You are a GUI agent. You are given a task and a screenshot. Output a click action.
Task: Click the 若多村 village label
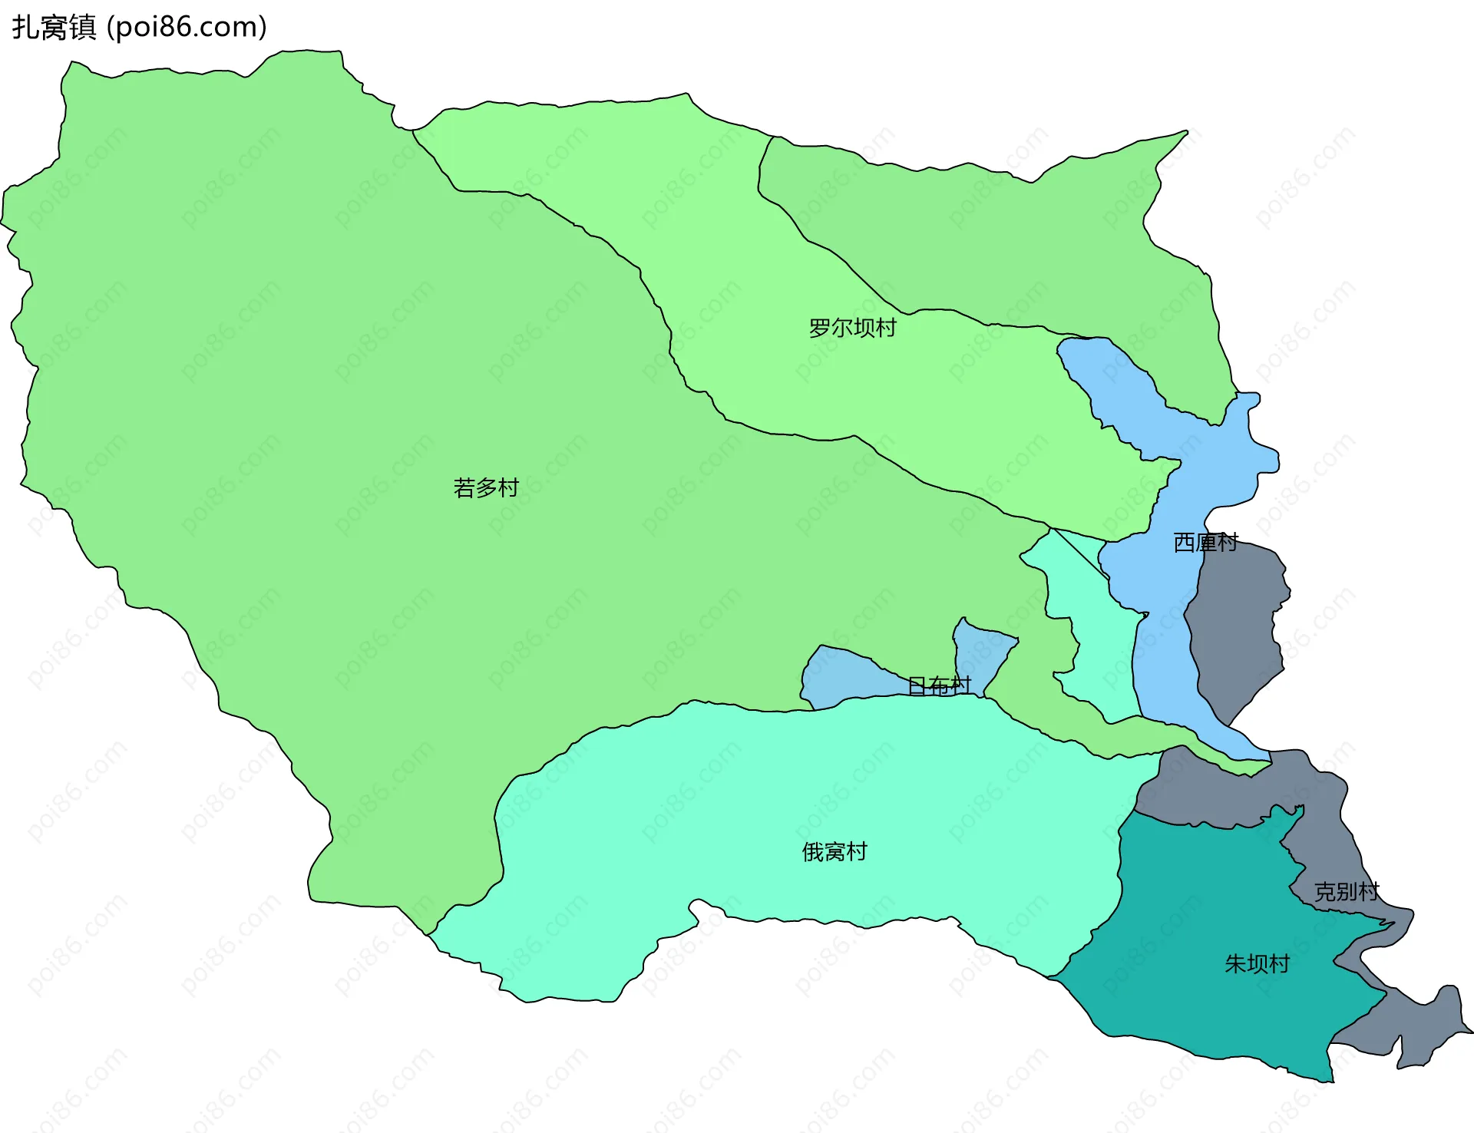click(486, 487)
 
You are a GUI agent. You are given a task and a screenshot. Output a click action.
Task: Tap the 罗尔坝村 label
click(852, 328)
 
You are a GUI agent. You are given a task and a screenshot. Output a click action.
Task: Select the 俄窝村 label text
click(834, 851)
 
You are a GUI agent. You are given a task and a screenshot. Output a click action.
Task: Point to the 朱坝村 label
click(1257, 963)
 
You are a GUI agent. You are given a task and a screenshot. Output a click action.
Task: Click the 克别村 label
click(1347, 891)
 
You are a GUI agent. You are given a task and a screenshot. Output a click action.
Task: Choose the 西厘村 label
click(1205, 543)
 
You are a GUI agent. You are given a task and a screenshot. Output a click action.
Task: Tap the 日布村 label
click(939, 685)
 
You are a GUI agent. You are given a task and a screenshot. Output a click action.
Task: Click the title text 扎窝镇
click(54, 28)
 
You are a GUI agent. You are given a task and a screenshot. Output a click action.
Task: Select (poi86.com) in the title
click(187, 28)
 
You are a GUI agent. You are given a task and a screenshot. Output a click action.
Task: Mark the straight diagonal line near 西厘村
click(1079, 552)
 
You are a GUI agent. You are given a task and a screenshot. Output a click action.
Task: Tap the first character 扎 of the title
click(26, 28)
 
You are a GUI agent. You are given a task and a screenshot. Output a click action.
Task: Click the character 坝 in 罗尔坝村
click(863, 328)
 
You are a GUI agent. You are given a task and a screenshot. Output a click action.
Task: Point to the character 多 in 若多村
click(486, 487)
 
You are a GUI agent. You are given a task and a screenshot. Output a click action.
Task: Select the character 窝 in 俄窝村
click(834, 851)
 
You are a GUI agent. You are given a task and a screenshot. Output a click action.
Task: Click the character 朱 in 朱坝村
click(1235, 963)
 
